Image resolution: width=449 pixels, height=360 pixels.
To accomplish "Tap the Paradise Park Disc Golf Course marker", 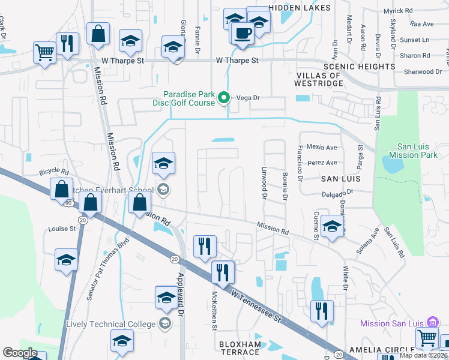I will [x=224, y=97].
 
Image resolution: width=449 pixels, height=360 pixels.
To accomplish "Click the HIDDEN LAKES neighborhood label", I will [x=300, y=8].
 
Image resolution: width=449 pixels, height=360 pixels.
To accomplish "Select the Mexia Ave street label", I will [x=322, y=146].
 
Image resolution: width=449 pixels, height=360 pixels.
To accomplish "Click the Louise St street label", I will [x=62, y=229].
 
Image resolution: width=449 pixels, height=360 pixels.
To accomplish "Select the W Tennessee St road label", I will [x=256, y=305].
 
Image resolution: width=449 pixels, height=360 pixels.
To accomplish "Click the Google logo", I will [x=20, y=353].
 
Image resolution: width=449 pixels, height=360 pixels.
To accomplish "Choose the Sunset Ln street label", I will [x=414, y=40].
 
